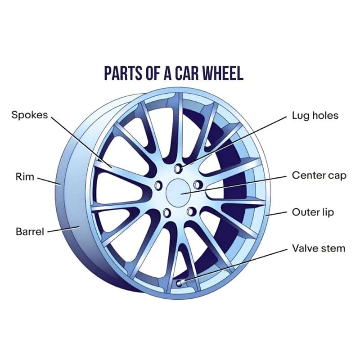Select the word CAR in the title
188,73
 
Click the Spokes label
30,115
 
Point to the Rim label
25,177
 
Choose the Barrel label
30,231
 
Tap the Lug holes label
315,116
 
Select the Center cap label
319,175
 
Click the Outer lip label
313,212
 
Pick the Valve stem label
319,248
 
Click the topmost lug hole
178,169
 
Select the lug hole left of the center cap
158,185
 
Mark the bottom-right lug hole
191,211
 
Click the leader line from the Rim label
49,181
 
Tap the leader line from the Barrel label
63,229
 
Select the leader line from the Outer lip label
276,214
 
